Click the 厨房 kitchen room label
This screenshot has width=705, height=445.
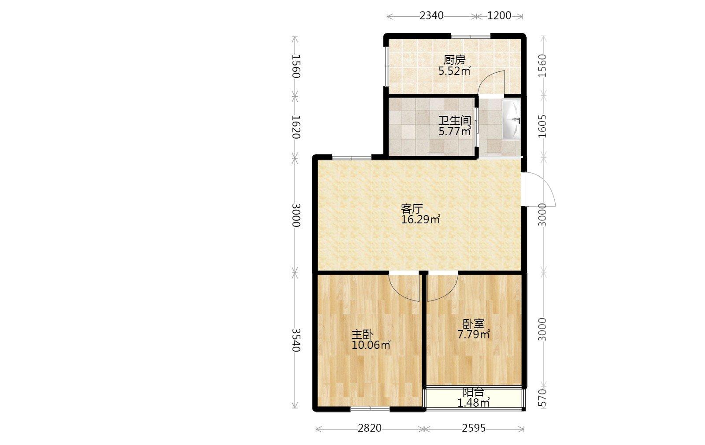(x=454, y=60)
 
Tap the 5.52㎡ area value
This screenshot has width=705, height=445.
(x=454, y=71)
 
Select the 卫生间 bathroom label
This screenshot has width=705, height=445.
(x=455, y=121)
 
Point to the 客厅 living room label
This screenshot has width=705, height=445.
(x=412, y=208)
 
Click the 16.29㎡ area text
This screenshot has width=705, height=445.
(x=420, y=219)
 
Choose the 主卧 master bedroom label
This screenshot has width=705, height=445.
(x=362, y=334)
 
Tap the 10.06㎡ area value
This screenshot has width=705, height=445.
(x=371, y=345)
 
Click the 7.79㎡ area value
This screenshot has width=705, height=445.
(x=474, y=334)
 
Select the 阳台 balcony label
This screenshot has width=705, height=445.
(x=473, y=392)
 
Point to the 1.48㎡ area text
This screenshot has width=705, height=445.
(x=473, y=403)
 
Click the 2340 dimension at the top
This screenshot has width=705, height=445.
(x=431, y=16)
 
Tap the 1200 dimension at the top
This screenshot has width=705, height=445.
(x=499, y=16)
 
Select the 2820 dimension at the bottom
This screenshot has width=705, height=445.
(x=370, y=428)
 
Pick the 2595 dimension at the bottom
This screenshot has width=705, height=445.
(x=474, y=428)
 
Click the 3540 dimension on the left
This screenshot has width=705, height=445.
(x=296, y=340)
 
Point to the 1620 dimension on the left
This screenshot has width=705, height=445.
(x=296, y=127)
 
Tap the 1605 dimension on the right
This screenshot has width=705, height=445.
(x=542, y=126)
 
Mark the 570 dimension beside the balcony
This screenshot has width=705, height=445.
(x=542, y=398)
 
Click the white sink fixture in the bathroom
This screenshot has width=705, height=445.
(x=511, y=119)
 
